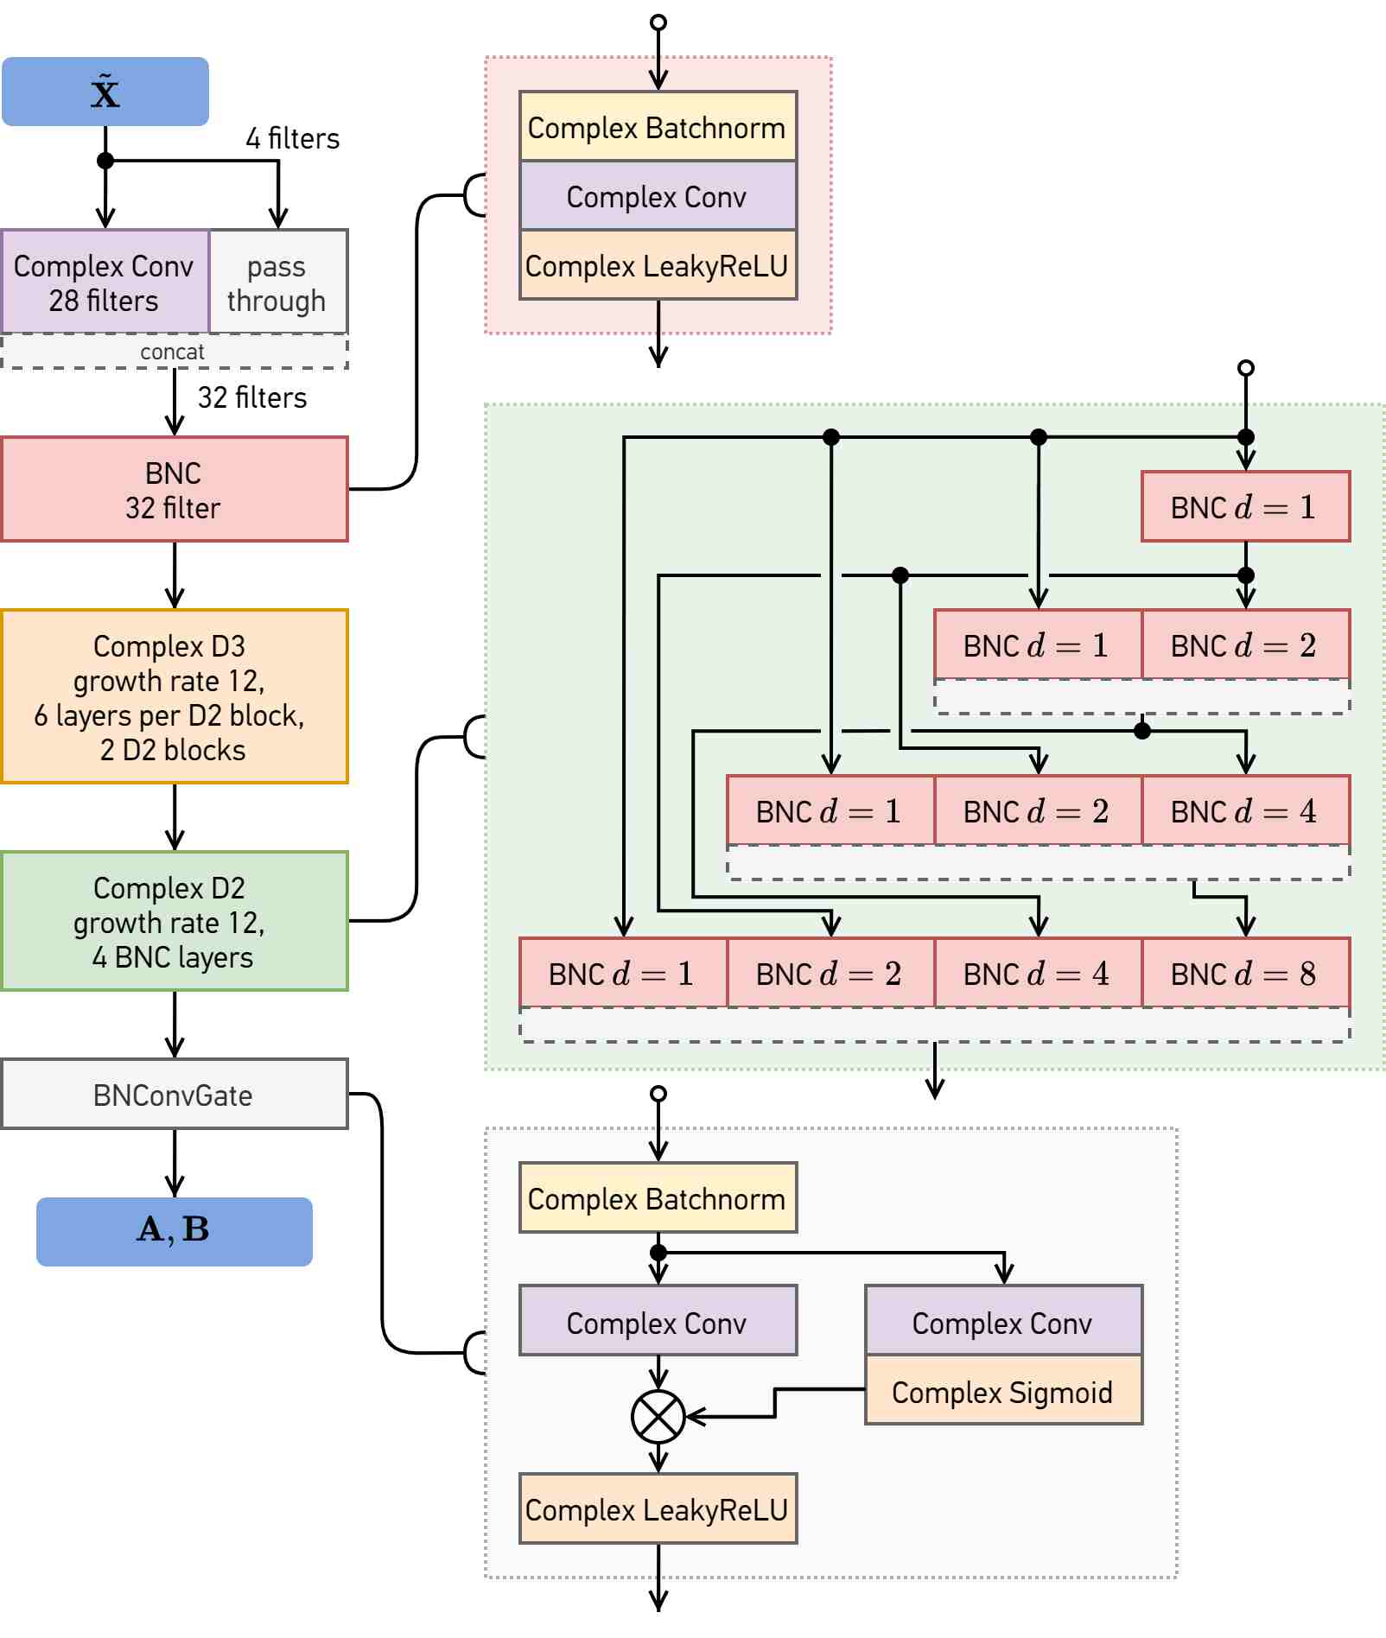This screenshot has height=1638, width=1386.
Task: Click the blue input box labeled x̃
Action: (x=105, y=92)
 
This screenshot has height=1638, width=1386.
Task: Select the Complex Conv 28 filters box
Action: (x=105, y=282)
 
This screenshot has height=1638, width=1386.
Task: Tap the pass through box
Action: (x=278, y=282)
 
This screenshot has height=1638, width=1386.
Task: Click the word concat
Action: (x=173, y=352)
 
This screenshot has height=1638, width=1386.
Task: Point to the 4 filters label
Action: (x=292, y=138)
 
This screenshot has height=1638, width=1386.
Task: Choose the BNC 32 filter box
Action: (x=175, y=489)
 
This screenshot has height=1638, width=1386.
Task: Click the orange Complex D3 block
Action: (x=175, y=696)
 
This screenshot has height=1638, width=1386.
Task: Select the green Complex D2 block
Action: (x=175, y=921)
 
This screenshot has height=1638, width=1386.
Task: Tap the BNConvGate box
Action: (x=175, y=1094)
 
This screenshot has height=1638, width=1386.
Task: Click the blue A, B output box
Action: (x=175, y=1232)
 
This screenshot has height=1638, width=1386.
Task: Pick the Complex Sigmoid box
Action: (x=1004, y=1389)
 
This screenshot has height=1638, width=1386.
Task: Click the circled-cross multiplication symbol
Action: (x=658, y=1417)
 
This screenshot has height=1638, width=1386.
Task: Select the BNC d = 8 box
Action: (x=1246, y=973)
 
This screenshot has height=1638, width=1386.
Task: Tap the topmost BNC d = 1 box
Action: (x=1246, y=506)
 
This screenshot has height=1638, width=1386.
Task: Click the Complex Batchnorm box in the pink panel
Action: (x=658, y=126)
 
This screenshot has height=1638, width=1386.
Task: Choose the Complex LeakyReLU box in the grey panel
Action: (x=658, y=1508)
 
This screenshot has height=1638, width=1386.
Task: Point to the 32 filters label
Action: (x=252, y=397)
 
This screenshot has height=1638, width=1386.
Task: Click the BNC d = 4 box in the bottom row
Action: (x=1039, y=973)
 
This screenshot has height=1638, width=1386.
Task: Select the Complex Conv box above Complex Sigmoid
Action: (x=1004, y=1320)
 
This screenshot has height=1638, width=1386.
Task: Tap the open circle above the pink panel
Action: (x=658, y=22)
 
